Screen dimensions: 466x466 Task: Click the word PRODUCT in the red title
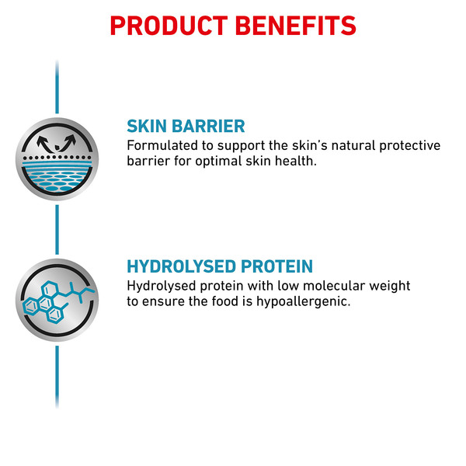coord(169,26)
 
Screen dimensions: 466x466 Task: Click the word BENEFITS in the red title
coord(296,26)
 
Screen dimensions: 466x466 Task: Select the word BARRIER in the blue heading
coord(209,126)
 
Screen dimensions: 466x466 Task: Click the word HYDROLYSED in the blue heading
coord(181,266)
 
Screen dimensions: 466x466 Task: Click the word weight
coord(390,287)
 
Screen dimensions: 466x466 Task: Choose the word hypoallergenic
coord(304,302)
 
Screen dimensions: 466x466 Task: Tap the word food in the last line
coord(224,301)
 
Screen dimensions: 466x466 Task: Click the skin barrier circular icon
coord(57,159)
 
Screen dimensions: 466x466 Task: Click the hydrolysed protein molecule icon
coord(57,300)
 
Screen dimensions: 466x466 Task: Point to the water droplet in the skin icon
coord(57,147)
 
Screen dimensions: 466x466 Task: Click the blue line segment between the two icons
coord(57,229)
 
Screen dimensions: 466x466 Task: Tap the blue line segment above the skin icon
coord(57,87)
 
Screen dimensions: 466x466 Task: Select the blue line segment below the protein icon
coord(57,377)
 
